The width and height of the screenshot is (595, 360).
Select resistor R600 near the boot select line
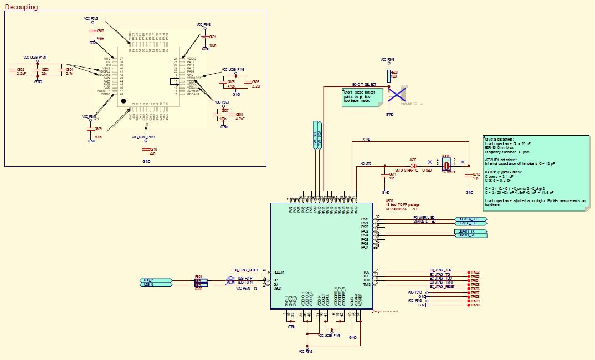(389, 76)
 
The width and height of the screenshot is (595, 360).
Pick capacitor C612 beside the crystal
(469, 176)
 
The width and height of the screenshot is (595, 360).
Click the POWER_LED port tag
(470, 219)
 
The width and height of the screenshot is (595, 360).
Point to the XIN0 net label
(366, 139)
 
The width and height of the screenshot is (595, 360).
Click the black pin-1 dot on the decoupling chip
(124, 101)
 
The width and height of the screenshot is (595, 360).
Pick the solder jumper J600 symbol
(413, 166)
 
